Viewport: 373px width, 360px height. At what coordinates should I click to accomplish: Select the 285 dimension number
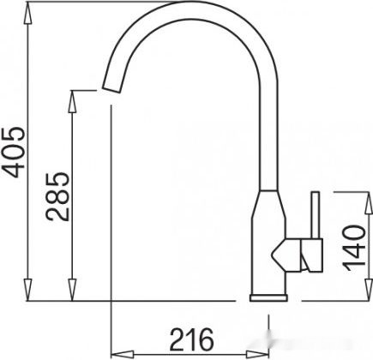click(x=57, y=196)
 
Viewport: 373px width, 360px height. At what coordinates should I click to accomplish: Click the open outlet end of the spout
click(x=113, y=89)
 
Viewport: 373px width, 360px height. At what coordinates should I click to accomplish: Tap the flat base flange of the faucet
click(x=270, y=297)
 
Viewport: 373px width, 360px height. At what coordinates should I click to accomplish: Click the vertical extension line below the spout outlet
click(x=112, y=214)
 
